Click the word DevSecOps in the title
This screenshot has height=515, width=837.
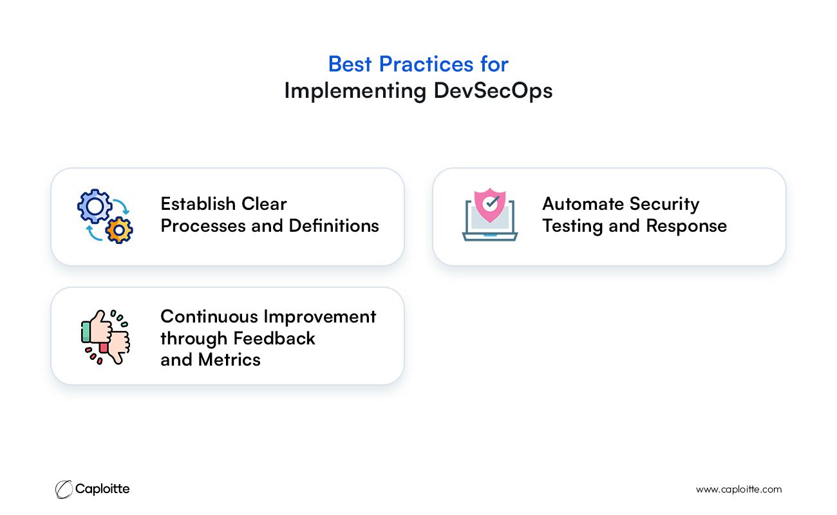click(493, 91)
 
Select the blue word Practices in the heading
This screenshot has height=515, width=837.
click(426, 64)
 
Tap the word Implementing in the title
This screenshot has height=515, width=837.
click(355, 91)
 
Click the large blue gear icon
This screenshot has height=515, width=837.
click(95, 206)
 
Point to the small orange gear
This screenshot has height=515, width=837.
click(119, 230)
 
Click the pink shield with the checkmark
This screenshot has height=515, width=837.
click(490, 205)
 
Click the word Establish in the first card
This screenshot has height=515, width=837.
click(198, 204)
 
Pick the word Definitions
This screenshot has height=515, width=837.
click(334, 226)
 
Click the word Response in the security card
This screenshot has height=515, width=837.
click(686, 227)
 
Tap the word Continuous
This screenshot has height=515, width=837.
click(209, 317)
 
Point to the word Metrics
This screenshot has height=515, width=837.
click(229, 360)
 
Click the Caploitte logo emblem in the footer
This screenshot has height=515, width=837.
click(64, 489)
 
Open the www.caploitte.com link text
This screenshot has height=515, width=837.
click(738, 489)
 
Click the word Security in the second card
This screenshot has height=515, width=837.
click(664, 205)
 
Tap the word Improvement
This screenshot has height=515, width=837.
click(320, 317)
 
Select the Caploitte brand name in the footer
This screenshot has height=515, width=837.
click(102, 489)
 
